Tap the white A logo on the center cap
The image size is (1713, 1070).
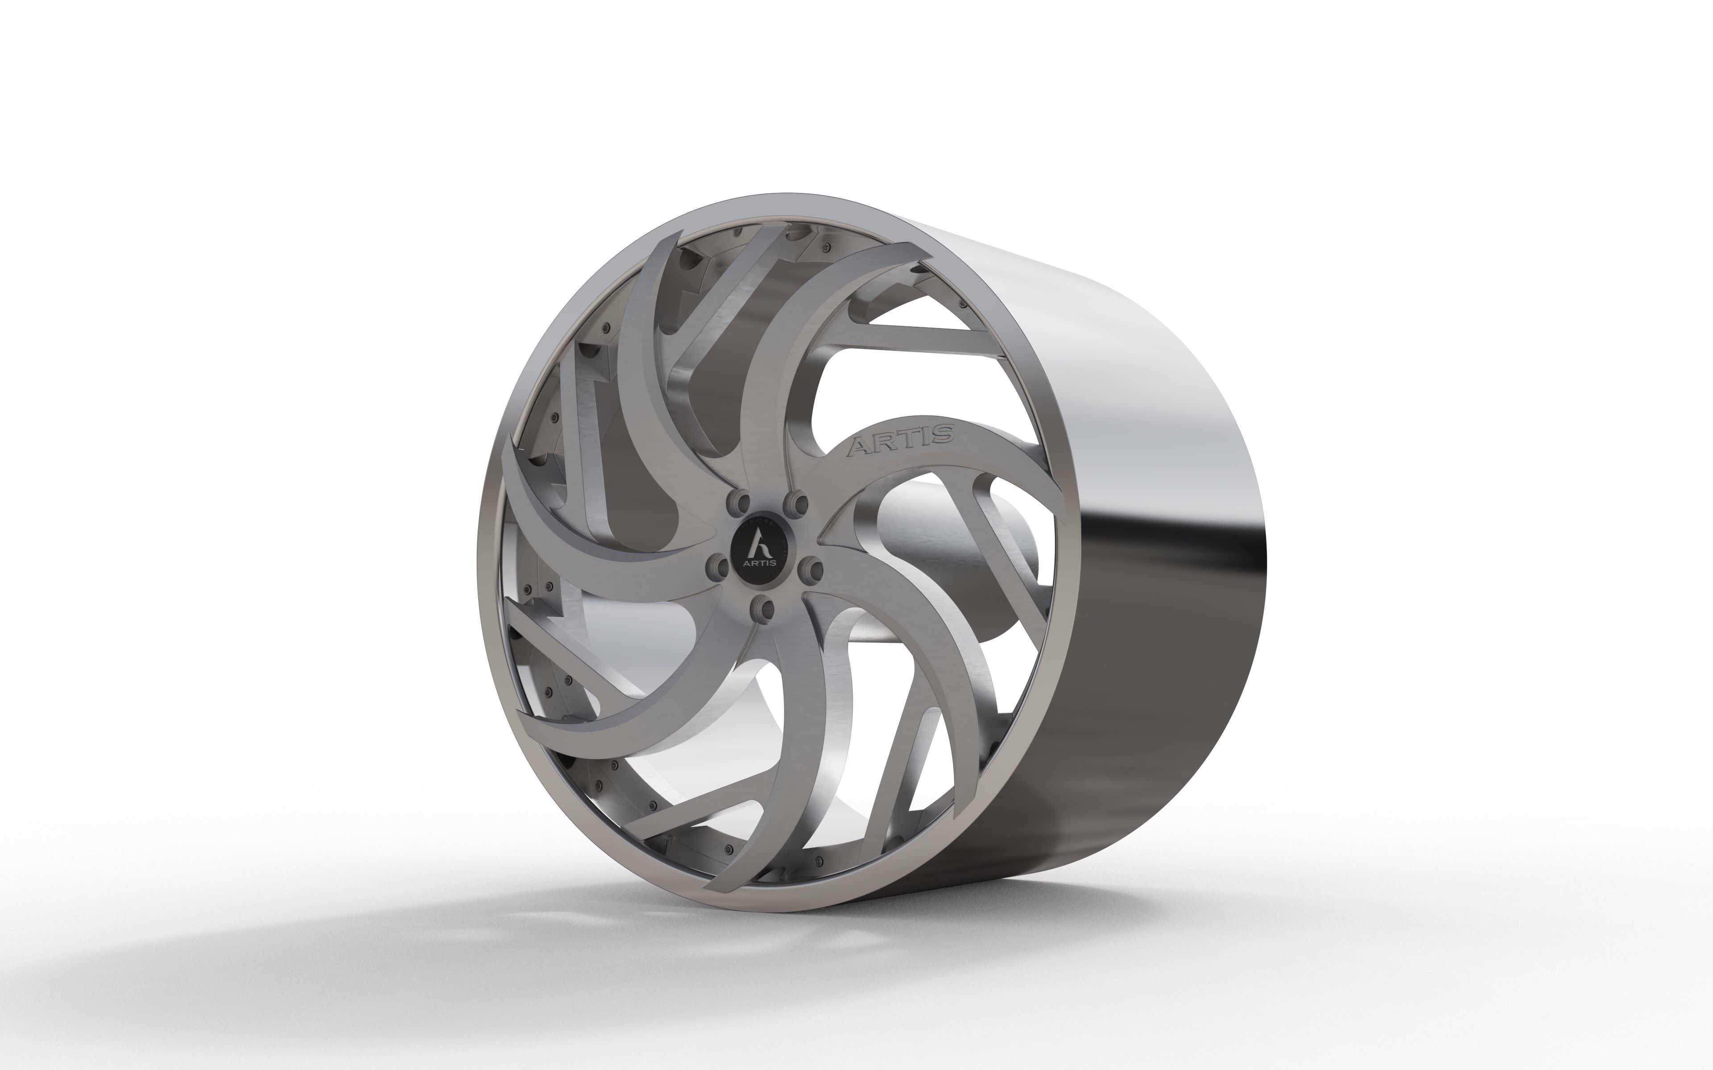(x=760, y=545)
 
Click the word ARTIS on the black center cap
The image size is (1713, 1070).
(x=760, y=563)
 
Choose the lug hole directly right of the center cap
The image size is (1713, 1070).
(x=811, y=568)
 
